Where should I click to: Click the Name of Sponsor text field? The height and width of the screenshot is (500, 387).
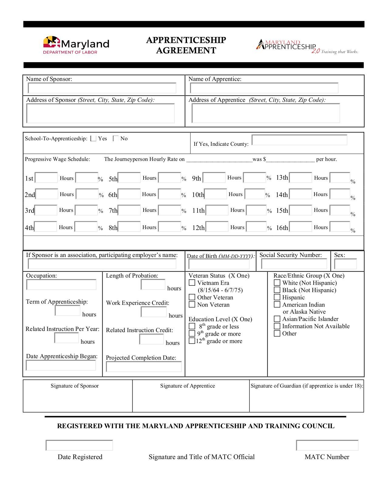coord(102,88)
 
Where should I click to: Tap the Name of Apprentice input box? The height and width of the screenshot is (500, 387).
coord(264,88)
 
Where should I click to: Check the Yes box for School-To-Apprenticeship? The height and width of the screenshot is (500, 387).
coord(93,139)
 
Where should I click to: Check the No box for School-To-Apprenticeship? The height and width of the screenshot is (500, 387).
coord(116,139)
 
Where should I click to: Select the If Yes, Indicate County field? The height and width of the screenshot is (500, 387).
coord(299,140)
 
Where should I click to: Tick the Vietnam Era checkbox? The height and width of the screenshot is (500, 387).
coord(192,283)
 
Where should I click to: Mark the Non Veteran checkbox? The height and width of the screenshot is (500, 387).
coord(192,305)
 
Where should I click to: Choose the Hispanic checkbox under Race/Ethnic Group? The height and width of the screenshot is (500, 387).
coord(277,297)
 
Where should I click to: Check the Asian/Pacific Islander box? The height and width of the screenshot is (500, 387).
coord(277,319)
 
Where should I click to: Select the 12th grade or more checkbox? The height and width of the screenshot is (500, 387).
coord(192,341)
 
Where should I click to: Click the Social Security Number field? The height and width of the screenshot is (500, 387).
coord(294,264)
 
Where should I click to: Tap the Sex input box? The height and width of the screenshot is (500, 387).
coord(345,264)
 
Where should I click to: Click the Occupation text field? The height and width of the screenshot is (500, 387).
coord(61,285)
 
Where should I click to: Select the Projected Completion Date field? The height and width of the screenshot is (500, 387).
coord(144,367)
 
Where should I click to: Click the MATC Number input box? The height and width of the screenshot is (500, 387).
coord(327,445)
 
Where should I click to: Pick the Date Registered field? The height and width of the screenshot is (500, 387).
coord(79,445)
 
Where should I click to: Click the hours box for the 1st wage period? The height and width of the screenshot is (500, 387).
coord(46,178)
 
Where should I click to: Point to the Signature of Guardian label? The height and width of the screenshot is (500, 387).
coord(307,386)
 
